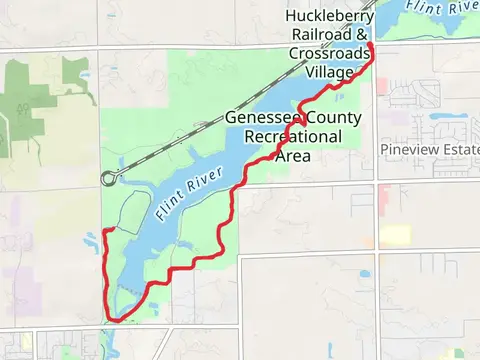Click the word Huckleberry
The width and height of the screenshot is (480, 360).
tap(329, 16)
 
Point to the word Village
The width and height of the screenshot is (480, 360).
tap(331, 73)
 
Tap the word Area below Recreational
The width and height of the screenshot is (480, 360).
tap(293, 156)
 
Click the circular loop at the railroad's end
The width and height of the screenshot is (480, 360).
tap(107, 179)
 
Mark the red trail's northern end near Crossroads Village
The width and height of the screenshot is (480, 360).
tap(370, 45)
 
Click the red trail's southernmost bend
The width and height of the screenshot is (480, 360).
tap(113, 320)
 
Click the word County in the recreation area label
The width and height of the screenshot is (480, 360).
tap(326, 117)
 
